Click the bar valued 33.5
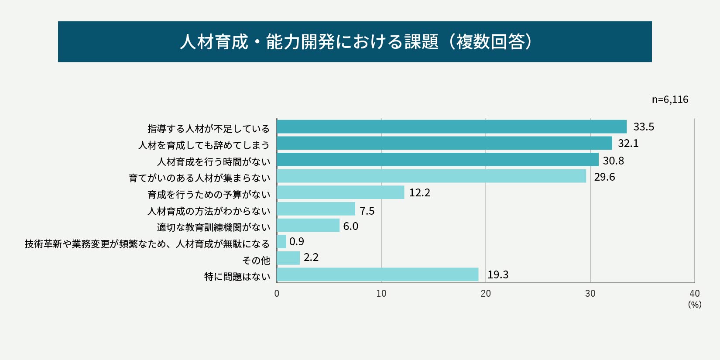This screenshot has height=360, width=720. pyautogui.click(x=452, y=127)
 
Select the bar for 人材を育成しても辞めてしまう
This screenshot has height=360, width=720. pyautogui.click(x=444, y=143)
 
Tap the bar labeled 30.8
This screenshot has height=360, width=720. pyautogui.click(x=438, y=160)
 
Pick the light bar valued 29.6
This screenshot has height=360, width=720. pyautogui.click(x=431, y=176)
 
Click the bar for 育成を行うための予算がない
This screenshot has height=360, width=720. pyautogui.click(x=340, y=192)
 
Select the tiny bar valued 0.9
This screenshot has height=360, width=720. pyautogui.click(x=281, y=242)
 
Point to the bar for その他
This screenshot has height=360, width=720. pyautogui.click(x=288, y=258)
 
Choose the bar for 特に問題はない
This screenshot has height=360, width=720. pyautogui.click(x=377, y=274)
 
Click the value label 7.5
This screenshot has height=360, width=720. pyautogui.click(x=367, y=211)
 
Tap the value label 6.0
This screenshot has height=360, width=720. pyautogui.click(x=350, y=226)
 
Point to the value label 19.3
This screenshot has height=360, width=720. pyautogui.click(x=498, y=275)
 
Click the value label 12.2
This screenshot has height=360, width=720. pyautogui.click(x=419, y=193)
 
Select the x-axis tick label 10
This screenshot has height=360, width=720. pyautogui.click(x=381, y=294)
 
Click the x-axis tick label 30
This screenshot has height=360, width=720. pyautogui.click(x=590, y=294)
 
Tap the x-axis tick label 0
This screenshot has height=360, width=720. pyautogui.click(x=277, y=294)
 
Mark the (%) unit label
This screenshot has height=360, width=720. pyautogui.click(x=694, y=305)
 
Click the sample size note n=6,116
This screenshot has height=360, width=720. pyautogui.click(x=670, y=99)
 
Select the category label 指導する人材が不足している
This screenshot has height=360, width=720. pyautogui.click(x=209, y=129)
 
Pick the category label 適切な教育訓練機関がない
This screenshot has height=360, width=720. pyautogui.click(x=213, y=227)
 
